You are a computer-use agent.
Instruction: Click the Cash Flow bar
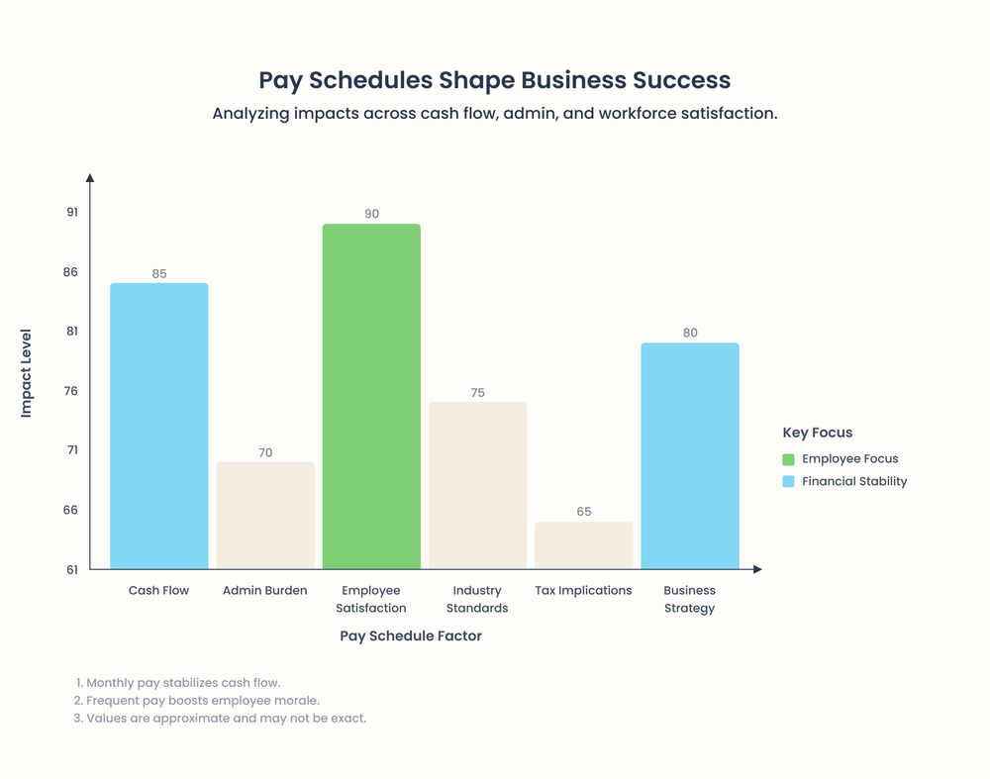[x=158, y=426]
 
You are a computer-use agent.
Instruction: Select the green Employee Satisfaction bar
[x=371, y=396]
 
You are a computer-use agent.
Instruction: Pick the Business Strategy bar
[x=690, y=455]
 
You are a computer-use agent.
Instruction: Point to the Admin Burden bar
[x=265, y=515]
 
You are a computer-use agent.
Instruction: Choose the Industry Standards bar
[x=477, y=485]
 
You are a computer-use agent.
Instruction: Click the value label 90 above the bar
[x=371, y=214]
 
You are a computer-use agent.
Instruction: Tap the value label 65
[x=584, y=512]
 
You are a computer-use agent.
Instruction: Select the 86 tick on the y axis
[x=70, y=272]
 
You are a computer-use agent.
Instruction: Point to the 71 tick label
[x=70, y=450]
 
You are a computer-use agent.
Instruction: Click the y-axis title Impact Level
[x=27, y=373]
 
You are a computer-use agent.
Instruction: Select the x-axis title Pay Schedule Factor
[x=411, y=636]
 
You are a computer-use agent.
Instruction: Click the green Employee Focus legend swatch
[x=788, y=459]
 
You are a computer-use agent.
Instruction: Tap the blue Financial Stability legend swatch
[x=788, y=482]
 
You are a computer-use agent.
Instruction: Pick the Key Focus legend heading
[x=818, y=433]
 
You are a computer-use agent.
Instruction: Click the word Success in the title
[x=682, y=80]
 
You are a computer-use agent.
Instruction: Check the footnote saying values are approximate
[x=226, y=719]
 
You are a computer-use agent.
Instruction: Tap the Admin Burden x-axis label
[x=264, y=591]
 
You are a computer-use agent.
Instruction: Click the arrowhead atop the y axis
[x=90, y=178]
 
